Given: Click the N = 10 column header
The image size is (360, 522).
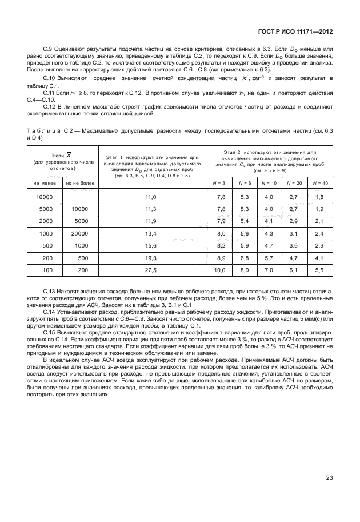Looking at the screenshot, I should pyautogui.click(x=269, y=183).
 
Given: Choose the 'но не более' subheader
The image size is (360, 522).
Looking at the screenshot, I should pyautogui.click(x=79, y=183).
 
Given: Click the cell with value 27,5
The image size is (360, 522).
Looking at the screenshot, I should pyautogui.click(x=151, y=269).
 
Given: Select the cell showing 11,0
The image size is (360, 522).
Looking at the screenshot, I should pyautogui.click(x=151, y=197).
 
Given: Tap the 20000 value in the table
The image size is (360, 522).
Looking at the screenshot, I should pyautogui.click(x=80, y=233).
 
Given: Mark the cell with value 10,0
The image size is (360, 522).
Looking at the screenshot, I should pyautogui.click(x=219, y=269).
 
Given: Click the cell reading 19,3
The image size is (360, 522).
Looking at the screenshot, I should pyautogui.click(x=151, y=257).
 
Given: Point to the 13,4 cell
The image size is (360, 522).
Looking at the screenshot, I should pyautogui.click(x=151, y=233).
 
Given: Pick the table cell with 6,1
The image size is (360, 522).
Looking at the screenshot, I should pyautogui.click(x=294, y=269).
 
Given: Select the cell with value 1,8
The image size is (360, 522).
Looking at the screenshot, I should pyautogui.click(x=319, y=197).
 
